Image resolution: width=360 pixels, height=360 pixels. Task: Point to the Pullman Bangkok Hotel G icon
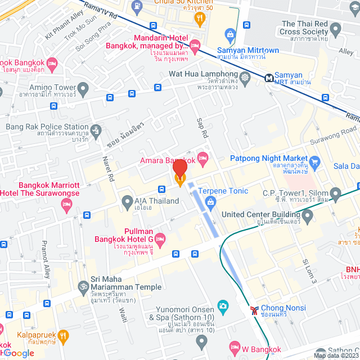click(160, 238)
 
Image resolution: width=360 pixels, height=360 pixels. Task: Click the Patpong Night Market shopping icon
click(315, 164)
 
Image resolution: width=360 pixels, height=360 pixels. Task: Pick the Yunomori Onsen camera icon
click(223, 306)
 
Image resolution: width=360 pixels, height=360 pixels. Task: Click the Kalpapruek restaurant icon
click(64, 336)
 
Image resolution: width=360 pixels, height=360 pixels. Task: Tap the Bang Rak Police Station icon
click(96, 130)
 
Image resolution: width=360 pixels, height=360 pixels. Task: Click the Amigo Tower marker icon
click(83, 88)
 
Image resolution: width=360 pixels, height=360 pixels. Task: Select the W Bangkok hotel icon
click(235, 346)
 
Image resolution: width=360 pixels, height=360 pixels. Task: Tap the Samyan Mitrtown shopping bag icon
click(230, 35)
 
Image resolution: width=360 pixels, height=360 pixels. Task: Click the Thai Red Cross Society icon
click(336, 29)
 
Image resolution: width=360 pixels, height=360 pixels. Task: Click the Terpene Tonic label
click(223, 191)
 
